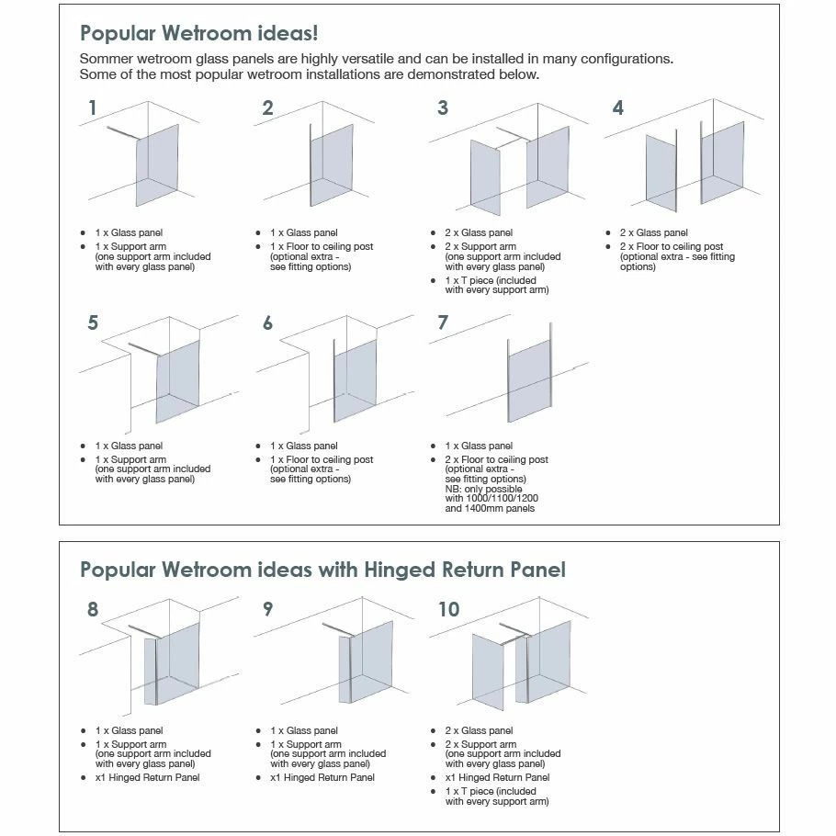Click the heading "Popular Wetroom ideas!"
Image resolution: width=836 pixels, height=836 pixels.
click(x=199, y=34)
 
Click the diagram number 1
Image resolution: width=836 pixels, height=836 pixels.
click(x=92, y=108)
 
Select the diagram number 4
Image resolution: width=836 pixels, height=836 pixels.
click(x=618, y=108)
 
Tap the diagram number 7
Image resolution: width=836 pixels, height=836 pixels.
click(x=443, y=323)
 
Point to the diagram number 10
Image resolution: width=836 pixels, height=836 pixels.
click(x=448, y=609)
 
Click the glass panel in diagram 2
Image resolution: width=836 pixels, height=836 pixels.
click(x=332, y=164)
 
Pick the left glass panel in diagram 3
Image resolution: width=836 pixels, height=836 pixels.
click(x=485, y=176)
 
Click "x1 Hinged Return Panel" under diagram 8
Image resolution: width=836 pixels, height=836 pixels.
click(x=147, y=778)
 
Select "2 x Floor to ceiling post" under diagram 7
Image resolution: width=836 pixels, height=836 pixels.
click(x=496, y=459)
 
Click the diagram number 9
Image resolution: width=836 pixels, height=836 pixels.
click(x=267, y=609)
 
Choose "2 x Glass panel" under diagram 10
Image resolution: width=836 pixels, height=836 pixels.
click(x=479, y=731)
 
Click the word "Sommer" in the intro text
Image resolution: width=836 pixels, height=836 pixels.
click(x=107, y=59)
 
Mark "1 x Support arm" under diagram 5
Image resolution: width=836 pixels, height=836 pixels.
click(x=130, y=459)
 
